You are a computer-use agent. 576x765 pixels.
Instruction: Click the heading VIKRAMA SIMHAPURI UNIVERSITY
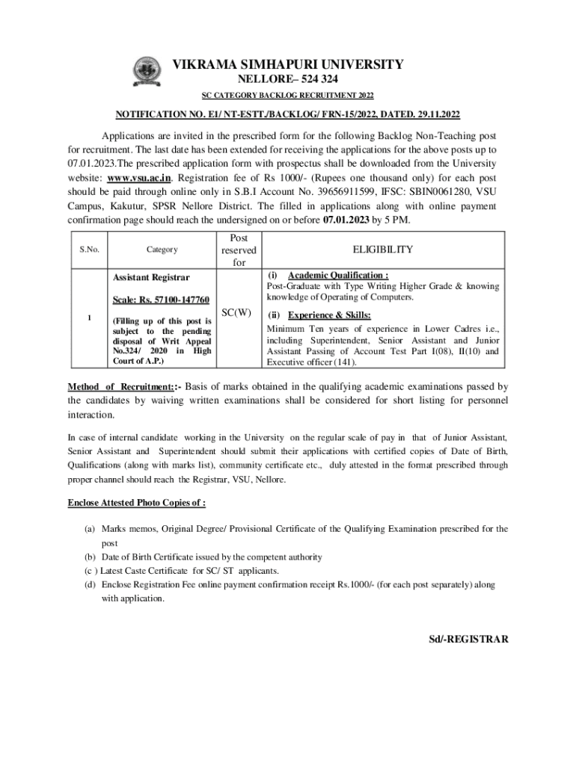(x=288, y=65)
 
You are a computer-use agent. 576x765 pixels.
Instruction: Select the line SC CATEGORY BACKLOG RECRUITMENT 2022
(x=288, y=96)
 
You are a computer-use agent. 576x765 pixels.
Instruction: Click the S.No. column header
(x=90, y=250)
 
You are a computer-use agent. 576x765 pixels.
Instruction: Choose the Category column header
(x=162, y=250)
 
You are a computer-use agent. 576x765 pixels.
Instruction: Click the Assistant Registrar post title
(x=151, y=276)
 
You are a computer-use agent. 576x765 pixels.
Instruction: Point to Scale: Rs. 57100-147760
(x=161, y=300)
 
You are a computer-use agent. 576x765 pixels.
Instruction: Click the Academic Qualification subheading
(x=337, y=274)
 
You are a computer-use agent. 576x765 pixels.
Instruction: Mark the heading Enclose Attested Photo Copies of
(x=136, y=502)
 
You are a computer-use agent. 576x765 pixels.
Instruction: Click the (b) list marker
(x=88, y=557)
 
